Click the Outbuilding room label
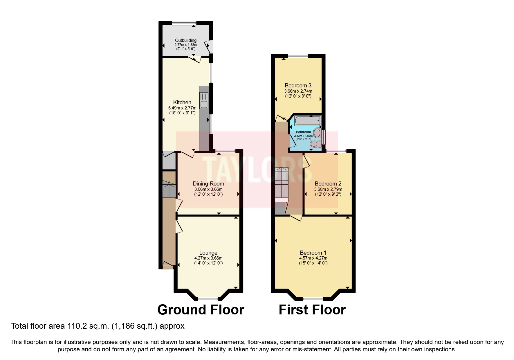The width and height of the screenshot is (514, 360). click(x=185, y=40)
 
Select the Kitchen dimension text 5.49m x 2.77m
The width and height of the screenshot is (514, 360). click(x=182, y=108)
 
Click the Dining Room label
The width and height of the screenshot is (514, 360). click(x=208, y=183)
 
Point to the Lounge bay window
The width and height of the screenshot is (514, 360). click(x=208, y=299)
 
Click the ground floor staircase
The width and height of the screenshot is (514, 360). click(x=169, y=189)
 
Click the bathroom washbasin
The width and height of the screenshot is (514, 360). click(x=317, y=134)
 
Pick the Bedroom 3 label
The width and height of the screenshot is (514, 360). click(x=298, y=85)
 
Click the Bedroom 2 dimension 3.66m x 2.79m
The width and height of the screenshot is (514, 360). click(x=328, y=189)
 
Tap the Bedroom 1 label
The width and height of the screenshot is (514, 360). click(x=313, y=253)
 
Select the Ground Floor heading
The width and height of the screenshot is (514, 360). click(x=201, y=310)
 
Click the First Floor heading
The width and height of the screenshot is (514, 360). click(x=312, y=310)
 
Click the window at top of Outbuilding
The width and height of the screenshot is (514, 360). click(x=184, y=23)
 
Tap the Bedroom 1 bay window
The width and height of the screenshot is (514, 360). click(x=313, y=299)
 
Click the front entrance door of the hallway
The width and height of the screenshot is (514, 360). click(x=168, y=265)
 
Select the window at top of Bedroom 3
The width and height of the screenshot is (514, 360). click(x=298, y=56)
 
